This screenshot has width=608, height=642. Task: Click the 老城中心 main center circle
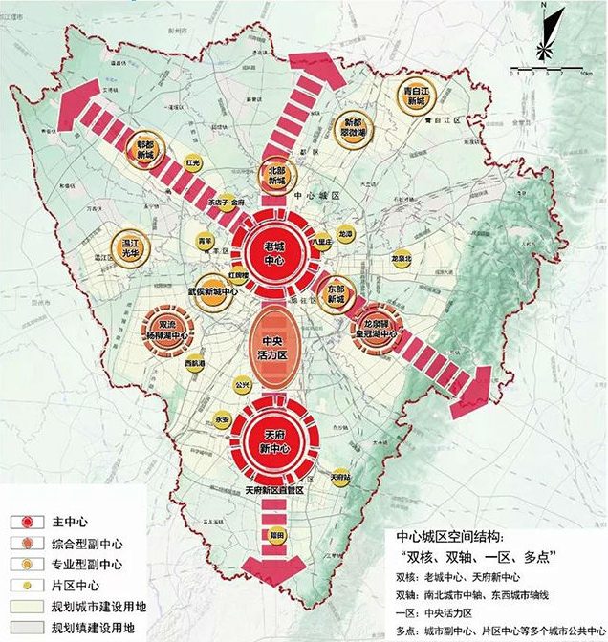point(276,251)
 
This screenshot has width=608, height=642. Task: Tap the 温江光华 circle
point(132,245)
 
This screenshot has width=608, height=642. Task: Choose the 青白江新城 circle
point(418,97)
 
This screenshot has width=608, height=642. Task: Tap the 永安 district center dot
point(222,419)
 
